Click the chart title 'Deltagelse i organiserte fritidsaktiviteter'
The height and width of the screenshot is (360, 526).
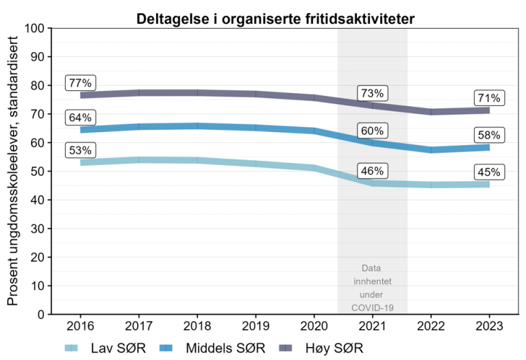[x=274, y=18]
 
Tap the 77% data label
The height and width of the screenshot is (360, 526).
[x=80, y=83]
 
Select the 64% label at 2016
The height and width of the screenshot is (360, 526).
[x=80, y=118]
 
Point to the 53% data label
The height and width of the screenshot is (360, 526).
[x=80, y=151]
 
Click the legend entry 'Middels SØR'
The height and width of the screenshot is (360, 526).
[x=210, y=347]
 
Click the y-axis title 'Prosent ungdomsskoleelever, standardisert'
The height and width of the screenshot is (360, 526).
[x=13, y=171]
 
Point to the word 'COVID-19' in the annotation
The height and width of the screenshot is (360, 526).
[x=373, y=307]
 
